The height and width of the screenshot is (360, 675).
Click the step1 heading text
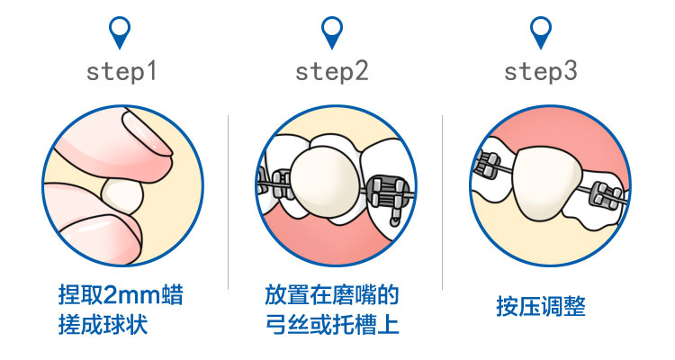pos(121,71)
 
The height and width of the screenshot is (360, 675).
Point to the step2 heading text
pos(332,71)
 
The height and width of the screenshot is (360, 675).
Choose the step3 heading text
pos(541,71)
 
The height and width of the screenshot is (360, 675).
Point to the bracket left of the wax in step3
pos(489,165)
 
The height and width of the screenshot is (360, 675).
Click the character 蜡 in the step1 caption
pos(175,295)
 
